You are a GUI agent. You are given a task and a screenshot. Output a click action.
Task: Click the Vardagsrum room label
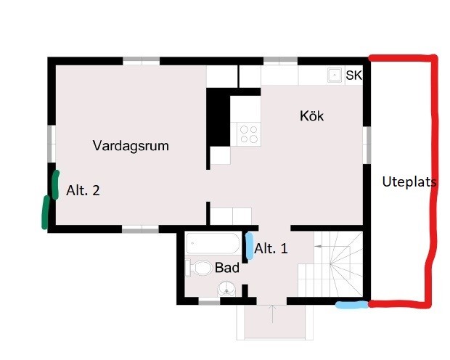click(131, 146)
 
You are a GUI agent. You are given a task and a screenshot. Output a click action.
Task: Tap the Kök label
click(311, 116)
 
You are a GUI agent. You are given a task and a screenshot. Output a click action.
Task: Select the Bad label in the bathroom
click(226, 268)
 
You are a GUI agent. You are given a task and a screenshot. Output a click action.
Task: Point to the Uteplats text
click(409, 182)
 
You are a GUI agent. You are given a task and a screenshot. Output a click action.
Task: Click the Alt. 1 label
click(271, 249)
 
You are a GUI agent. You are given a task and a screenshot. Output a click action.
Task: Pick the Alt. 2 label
click(83, 190)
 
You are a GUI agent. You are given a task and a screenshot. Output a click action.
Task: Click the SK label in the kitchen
click(354, 75)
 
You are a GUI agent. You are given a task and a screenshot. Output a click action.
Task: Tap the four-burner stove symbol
click(248, 134)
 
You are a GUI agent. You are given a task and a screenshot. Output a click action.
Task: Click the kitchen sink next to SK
click(335, 75)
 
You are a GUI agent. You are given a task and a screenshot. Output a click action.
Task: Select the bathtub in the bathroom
click(213, 243)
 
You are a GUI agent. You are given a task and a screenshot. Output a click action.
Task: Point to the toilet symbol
click(199, 268)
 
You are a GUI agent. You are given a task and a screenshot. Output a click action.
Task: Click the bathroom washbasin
click(226, 289)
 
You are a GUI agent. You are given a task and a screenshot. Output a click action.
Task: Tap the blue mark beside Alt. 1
click(250, 246)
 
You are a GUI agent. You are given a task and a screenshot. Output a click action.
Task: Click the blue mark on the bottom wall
click(352, 305)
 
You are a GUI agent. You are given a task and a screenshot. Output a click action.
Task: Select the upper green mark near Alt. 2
click(56, 185)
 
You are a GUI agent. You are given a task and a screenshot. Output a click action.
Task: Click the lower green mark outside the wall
click(45, 213)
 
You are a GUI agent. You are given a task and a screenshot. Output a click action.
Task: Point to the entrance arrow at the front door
click(272, 314)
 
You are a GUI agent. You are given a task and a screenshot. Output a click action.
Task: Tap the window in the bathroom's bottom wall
click(209, 302)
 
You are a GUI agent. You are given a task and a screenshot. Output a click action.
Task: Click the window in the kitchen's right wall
click(367, 145)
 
